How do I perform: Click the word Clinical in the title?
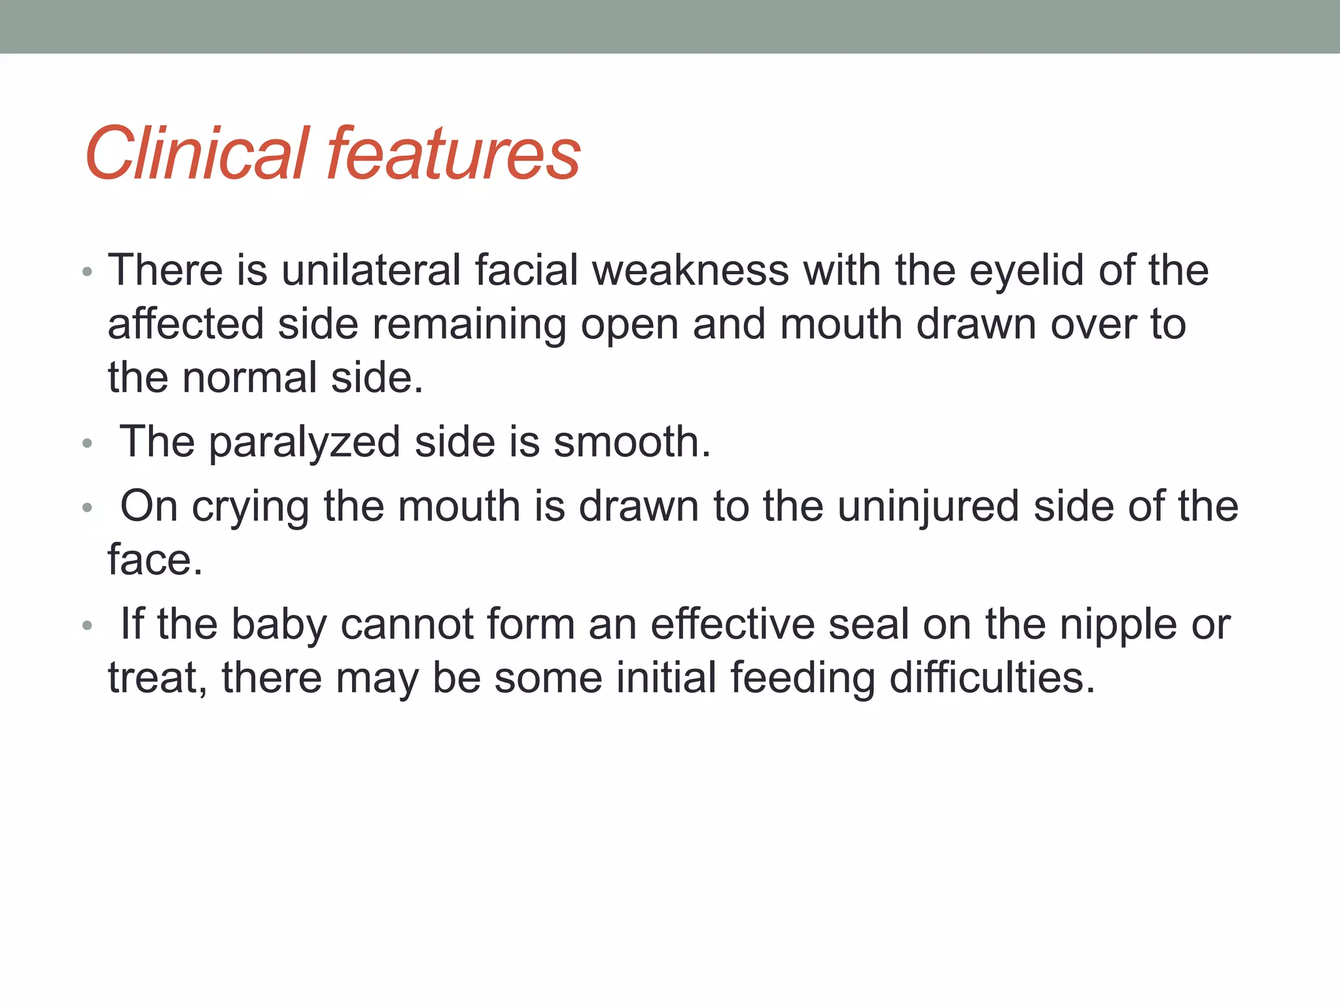point(196,154)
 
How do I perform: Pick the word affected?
point(185,325)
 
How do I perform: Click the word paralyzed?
point(304,443)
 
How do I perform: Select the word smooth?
point(631,442)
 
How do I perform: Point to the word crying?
point(251,508)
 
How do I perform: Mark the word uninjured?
point(928,508)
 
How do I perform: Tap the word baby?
point(279,625)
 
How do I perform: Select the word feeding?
point(802,679)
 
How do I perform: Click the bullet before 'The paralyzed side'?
point(88,444)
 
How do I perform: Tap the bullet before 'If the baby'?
point(88,626)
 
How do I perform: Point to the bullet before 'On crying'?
point(88,508)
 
